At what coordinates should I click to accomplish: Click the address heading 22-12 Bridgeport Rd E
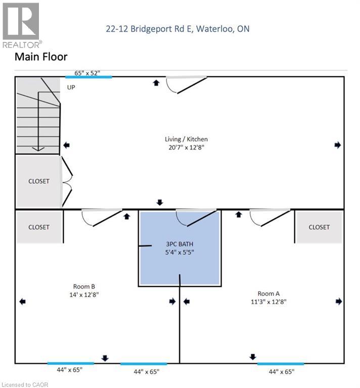click(177, 29)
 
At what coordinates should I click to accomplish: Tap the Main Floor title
click(41, 57)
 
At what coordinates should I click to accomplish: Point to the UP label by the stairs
click(71, 87)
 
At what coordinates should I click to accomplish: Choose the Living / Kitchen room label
click(186, 139)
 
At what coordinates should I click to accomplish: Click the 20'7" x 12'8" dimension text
click(186, 148)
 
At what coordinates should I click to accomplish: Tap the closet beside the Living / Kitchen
click(38, 181)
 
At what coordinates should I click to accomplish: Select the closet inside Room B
click(38, 227)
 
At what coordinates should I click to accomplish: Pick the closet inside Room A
click(319, 227)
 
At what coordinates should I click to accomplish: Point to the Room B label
click(84, 286)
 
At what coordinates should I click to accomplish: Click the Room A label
click(268, 293)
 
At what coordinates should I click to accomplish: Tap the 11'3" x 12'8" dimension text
click(268, 302)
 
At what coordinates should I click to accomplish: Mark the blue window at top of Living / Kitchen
click(88, 77)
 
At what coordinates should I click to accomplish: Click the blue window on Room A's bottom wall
click(280, 363)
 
